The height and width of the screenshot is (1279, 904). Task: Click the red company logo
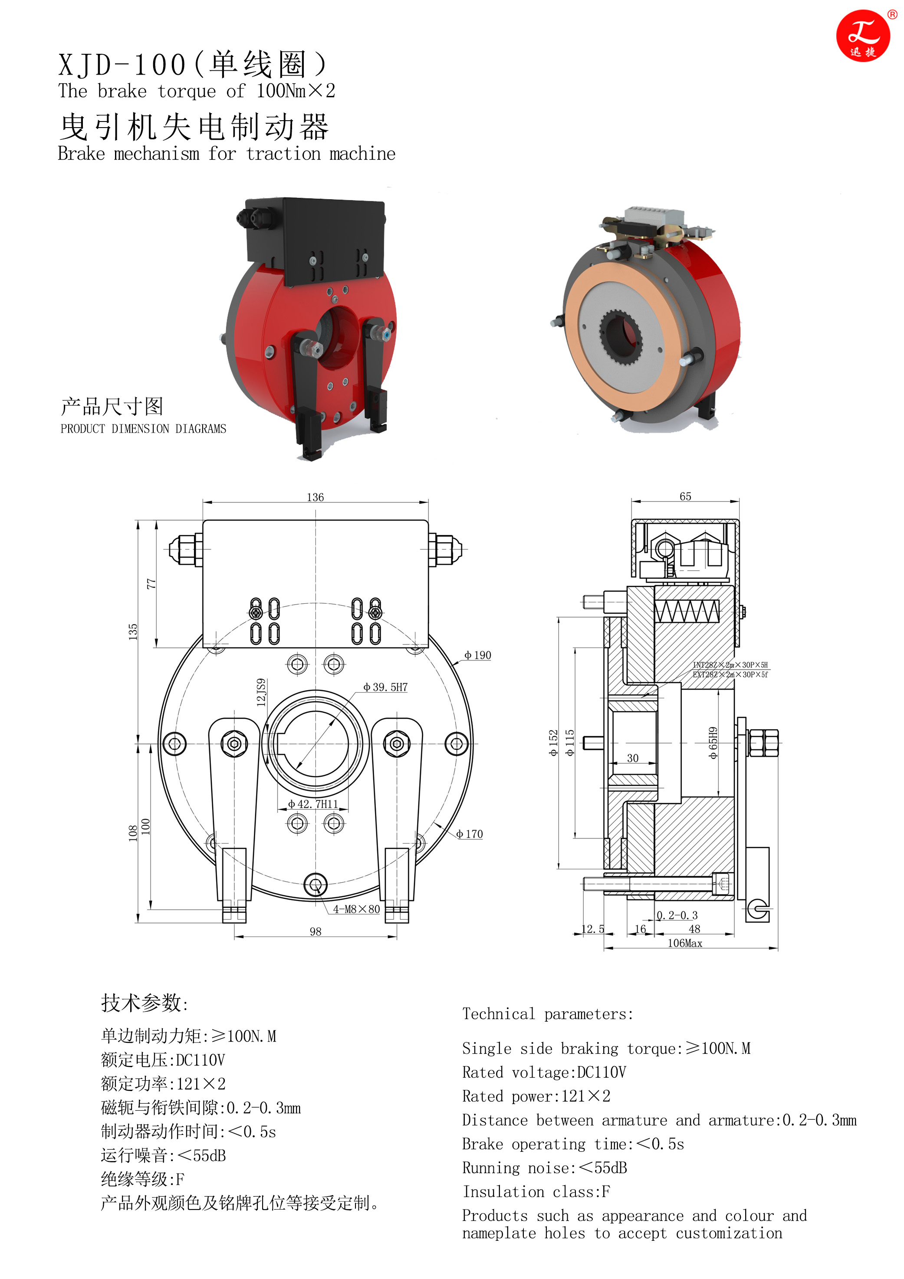(863, 36)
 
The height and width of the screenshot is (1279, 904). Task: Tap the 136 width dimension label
(315, 497)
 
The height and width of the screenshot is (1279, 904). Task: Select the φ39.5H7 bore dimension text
(385, 687)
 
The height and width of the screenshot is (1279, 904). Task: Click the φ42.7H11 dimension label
(313, 804)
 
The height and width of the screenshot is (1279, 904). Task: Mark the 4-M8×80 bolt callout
(356, 909)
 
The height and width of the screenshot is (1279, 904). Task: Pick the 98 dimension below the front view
(315, 932)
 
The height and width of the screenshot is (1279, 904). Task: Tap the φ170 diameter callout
(470, 834)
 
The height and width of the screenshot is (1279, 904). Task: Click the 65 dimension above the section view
(685, 496)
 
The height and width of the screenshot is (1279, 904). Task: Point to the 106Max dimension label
(685, 943)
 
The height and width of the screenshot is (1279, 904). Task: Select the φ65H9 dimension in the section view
(713, 743)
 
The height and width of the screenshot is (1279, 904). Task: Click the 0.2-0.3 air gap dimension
(677, 915)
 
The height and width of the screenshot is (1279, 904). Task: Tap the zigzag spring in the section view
(687, 611)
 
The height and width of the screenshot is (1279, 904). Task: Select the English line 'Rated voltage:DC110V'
(544, 1072)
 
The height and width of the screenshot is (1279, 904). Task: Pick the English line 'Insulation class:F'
(536, 1191)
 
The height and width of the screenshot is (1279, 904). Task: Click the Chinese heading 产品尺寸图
(112, 407)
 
